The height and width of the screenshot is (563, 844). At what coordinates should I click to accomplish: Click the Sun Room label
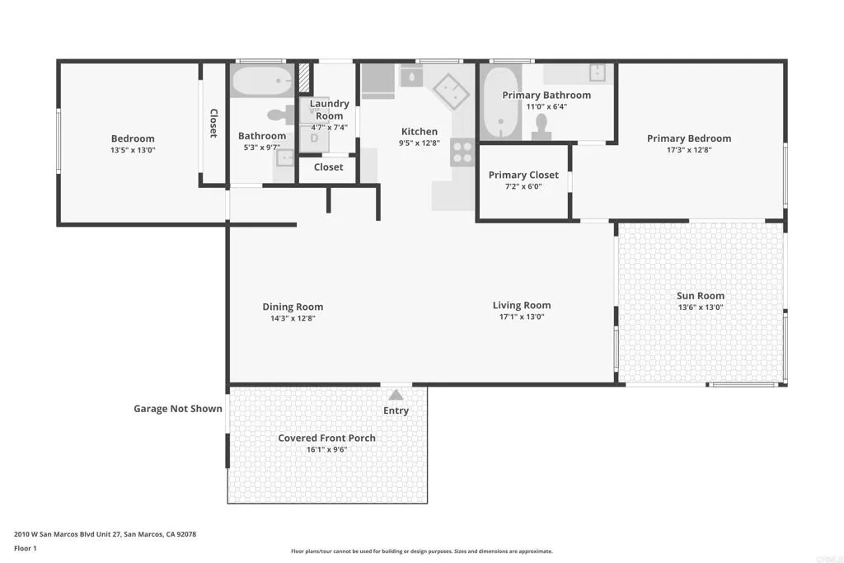pyautogui.click(x=701, y=295)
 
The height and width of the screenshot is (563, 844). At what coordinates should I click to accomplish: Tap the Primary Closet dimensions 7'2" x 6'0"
pyautogui.click(x=523, y=187)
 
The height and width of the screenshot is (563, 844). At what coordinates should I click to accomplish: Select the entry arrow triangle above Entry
pyautogui.click(x=396, y=395)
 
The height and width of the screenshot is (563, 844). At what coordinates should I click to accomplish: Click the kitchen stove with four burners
pyautogui.click(x=462, y=152)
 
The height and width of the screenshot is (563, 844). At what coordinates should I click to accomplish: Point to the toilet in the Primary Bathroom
pyautogui.click(x=541, y=128)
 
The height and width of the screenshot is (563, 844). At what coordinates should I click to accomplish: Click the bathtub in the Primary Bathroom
pyautogui.click(x=500, y=103)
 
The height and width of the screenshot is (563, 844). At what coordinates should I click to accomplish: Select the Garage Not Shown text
pyautogui.click(x=178, y=409)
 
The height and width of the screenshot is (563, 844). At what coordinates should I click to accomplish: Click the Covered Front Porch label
pyautogui.click(x=326, y=439)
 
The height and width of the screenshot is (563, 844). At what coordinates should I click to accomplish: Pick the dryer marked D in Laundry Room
pyautogui.click(x=314, y=138)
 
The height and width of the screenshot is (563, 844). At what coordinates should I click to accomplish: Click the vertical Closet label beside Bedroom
pyautogui.click(x=213, y=124)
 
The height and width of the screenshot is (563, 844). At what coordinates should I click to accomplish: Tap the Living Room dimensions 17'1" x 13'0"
pyautogui.click(x=522, y=317)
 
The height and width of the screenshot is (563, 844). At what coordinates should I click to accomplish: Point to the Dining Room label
pyautogui.click(x=293, y=307)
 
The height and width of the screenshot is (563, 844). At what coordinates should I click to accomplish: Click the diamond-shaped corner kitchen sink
pyautogui.click(x=451, y=91)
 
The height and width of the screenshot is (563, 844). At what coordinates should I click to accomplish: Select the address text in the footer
pyautogui.click(x=105, y=534)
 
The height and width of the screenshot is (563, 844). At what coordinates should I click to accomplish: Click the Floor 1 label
pyautogui.click(x=26, y=548)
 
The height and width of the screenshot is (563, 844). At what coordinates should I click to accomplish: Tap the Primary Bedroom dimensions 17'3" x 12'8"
pyautogui.click(x=689, y=150)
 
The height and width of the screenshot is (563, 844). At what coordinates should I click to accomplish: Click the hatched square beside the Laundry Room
pyautogui.click(x=304, y=78)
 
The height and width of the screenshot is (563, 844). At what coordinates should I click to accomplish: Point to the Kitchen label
pyautogui.click(x=420, y=131)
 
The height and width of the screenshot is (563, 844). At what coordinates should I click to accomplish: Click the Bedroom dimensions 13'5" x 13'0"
pyautogui.click(x=133, y=150)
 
